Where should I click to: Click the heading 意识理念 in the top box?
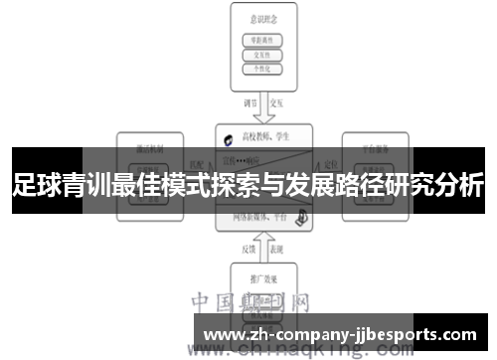point(263,17)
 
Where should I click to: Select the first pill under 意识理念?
point(263,40)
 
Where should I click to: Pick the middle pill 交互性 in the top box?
point(263,56)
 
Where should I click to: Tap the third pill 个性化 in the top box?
point(263,71)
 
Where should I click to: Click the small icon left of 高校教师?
point(229,137)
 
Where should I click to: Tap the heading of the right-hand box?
point(375,142)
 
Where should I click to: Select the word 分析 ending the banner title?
point(460,184)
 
